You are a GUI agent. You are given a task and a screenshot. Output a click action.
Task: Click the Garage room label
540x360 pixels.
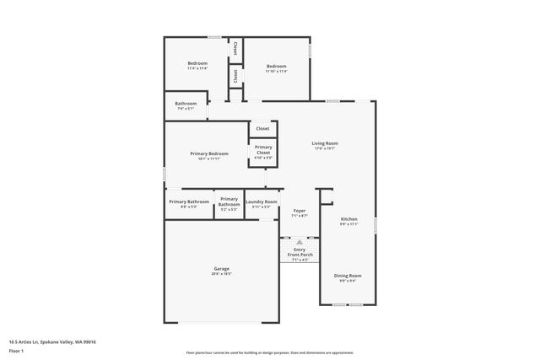tap(222, 269)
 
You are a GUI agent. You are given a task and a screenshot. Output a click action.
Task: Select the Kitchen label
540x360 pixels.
tap(348, 219)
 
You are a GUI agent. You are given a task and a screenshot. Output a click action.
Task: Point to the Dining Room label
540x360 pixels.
tap(348, 276)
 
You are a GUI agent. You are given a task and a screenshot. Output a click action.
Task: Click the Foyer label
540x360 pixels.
tap(300, 211)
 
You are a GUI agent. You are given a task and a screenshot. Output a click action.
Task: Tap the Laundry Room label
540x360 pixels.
tap(261, 201)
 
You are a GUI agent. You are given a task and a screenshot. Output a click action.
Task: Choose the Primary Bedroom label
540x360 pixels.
tap(209, 153)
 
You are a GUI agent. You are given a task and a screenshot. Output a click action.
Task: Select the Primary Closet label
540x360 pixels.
tap(263, 150)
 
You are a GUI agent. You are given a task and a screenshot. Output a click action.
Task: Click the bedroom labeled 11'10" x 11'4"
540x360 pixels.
tap(277, 66)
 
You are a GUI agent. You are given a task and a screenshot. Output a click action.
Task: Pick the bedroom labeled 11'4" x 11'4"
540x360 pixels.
tap(197, 63)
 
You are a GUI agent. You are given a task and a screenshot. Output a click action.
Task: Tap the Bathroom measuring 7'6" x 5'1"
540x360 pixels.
tap(186, 105)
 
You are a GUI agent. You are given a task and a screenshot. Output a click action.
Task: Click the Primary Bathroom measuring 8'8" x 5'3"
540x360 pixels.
tap(189, 201)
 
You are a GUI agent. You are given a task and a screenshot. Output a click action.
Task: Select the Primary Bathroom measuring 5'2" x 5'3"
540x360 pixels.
tap(229, 202)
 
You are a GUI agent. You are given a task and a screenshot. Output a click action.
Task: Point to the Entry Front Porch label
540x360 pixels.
tap(300, 252)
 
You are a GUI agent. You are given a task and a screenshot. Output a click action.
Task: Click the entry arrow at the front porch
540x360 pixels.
tap(300, 241)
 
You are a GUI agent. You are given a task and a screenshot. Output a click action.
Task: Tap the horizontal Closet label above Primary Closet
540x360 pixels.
tap(263, 128)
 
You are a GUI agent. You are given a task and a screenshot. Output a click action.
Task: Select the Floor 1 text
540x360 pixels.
tap(17, 351)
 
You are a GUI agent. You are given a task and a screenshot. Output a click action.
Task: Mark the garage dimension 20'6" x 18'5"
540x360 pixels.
tap(222, 274)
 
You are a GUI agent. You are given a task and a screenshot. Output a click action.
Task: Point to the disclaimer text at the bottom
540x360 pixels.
tap(270, 353)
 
